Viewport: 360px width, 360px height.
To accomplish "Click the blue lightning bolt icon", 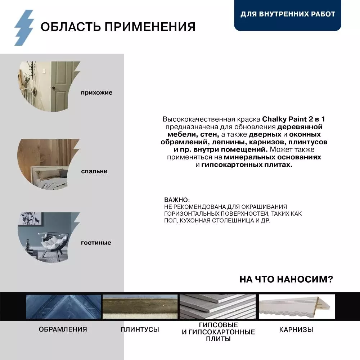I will click(x=24, y=27).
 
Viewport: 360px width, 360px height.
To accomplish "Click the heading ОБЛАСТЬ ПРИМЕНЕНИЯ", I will click(x=118, y=27).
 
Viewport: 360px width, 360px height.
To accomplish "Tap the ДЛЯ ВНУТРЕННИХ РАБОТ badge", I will click(x=288, y=14).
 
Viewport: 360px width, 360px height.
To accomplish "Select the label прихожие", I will click(x=96, y=93).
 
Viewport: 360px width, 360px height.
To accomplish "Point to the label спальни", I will click(x=94, y=171).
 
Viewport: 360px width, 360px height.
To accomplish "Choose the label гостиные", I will click(x=96, y=243).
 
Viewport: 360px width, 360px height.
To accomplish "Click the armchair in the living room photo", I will click(x=54, y=241).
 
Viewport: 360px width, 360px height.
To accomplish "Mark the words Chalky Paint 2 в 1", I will click(x=296, y=119).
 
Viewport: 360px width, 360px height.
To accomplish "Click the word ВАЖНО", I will click(x=176, y=199).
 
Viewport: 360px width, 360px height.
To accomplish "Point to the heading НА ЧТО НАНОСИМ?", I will click(x=286, y=279).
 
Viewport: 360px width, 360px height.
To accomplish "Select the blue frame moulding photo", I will click(x=63, y=307).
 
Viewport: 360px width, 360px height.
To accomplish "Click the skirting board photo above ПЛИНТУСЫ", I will click(x=140, y=307).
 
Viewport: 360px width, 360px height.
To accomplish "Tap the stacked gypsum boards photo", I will click(x=218, y=307).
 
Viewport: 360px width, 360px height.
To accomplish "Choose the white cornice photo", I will click(x=297, y=307).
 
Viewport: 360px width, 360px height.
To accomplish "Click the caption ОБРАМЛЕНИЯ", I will click(x=63, y=329).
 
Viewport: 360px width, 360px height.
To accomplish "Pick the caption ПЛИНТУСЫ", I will click(x=140, y=329).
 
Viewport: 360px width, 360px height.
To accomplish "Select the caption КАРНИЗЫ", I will click(x=296, y=329).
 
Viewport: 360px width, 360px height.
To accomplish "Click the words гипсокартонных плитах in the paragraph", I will click(x=247, y=165).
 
